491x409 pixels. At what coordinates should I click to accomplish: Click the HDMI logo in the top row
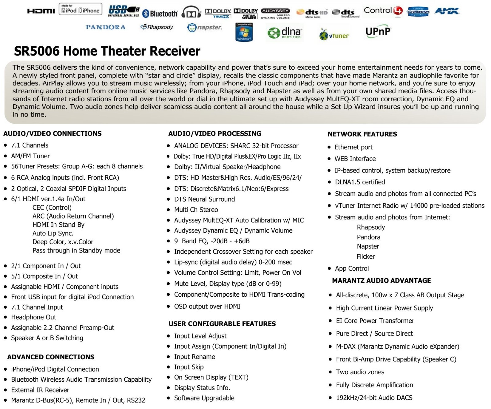[x=41, y=11]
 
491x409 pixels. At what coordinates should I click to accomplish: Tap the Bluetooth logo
[x=160, y=14]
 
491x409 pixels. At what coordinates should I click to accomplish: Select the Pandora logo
[x=106, y=27]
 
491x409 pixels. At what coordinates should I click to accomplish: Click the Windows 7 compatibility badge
[x=244, y=32]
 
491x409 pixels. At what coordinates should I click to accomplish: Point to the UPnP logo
[x=378, y=32]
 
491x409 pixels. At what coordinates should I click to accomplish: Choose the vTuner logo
[x=334, y=35]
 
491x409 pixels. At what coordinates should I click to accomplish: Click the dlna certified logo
[x=284, y=33]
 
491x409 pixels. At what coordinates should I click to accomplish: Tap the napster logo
[x=204, y=28]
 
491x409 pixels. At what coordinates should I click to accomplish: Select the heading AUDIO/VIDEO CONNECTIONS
[x=52, y=134]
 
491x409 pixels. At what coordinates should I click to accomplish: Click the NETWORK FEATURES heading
[x=362, y=134]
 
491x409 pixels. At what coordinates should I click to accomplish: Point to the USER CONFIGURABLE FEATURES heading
[x=222, y=324]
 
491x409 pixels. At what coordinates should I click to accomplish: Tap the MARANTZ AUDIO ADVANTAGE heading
[x=381, y=280]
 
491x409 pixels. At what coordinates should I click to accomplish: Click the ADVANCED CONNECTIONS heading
[x=51, y=357]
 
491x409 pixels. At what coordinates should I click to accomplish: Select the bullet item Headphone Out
[x=34, y=317]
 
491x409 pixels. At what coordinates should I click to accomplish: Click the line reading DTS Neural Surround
[x=204, y=199]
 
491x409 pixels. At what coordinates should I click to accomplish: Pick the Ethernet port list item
[x=354, y=147]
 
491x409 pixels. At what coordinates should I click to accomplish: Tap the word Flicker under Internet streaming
[x=365, y=257]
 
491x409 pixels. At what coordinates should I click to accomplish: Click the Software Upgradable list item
[x=204, y=398]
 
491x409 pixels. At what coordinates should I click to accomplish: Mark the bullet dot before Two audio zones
[x=330, y=372]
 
